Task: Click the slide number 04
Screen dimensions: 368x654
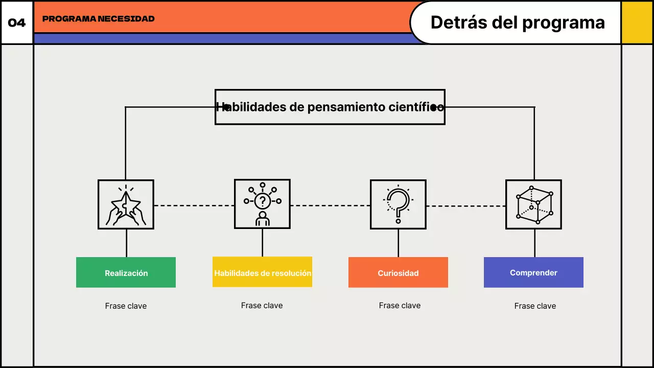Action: pos(17,23)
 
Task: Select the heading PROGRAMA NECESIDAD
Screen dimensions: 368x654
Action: pos(98,19)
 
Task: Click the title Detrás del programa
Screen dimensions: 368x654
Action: pos(518,22)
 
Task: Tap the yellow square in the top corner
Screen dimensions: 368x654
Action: pos(637,22)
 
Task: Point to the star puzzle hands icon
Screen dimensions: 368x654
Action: pos(126,204)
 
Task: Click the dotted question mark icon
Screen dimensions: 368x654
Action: pos(398,204)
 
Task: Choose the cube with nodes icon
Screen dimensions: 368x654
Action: pos(533,204)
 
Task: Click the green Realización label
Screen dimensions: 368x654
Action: pos(126,272)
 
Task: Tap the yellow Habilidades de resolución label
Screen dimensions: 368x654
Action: pos(262,272)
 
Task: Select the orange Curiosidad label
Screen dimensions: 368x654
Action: pos(398,272)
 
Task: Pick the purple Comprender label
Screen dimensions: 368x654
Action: pos(533,272)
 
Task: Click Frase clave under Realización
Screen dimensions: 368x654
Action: pos(126,306)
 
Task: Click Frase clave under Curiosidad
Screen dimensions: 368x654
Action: pos(400,306)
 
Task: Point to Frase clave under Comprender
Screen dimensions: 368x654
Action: pos(535,306)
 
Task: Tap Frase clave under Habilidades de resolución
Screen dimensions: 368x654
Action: pos(262,306)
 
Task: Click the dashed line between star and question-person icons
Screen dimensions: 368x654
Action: pos(194,205)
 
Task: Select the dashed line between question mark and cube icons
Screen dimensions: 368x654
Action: pos(466,206)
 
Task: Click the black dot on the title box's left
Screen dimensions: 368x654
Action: pos(227,107)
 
